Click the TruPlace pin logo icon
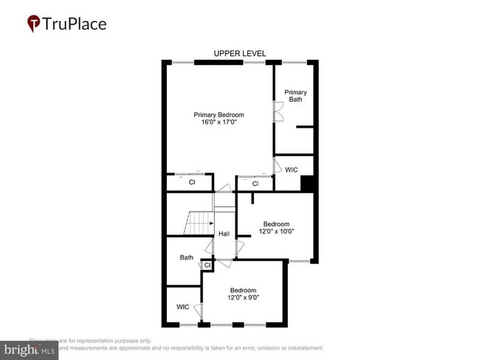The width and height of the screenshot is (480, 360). point(33,24)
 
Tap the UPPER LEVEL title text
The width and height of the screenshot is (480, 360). point(239,53)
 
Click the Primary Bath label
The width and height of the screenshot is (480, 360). point(296,96)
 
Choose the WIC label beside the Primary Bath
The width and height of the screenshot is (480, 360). point(292,170)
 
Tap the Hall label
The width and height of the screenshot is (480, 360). point(224,234)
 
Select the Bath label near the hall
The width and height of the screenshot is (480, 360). point(187,257)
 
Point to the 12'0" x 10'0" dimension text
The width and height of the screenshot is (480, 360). point(276,232)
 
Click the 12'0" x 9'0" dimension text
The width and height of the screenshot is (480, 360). point(244,297)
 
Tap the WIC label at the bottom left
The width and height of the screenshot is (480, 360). point(183,307)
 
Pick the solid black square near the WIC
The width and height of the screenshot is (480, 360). point(309,184)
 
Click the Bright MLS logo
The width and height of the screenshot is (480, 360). point(30,350)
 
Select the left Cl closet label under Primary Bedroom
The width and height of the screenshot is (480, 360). point(191,181)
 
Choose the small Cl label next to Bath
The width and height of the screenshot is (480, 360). point(207,265)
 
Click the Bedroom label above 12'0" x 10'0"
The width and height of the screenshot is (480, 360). point(276,224)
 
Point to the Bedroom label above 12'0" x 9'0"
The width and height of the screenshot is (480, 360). point(243,289)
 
